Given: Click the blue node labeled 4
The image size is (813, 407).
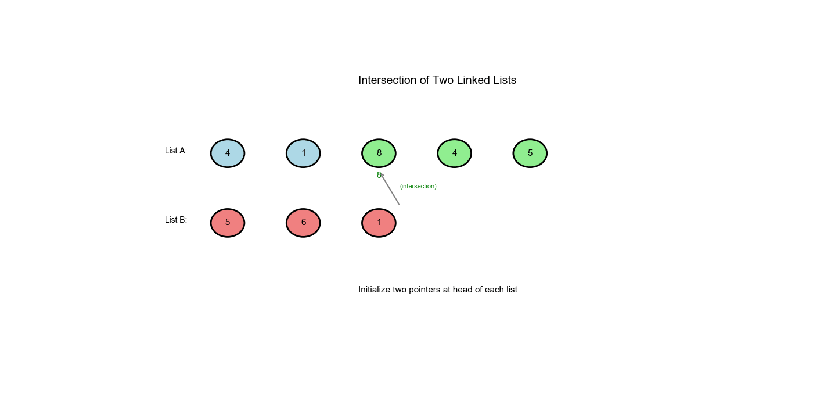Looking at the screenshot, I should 228,153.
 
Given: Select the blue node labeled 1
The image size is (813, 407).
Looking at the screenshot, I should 303,153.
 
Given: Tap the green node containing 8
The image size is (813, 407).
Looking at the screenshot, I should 379,153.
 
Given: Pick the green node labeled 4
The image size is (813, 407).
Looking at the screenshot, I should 454,153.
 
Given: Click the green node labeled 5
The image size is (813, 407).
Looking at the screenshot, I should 530,153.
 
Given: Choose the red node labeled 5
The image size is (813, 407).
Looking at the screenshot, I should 228,223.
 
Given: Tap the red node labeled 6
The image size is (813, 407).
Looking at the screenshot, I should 303,223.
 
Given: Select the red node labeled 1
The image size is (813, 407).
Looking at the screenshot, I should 379,223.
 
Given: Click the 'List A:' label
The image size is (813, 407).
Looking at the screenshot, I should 176,151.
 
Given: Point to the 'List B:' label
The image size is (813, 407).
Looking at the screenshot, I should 176,220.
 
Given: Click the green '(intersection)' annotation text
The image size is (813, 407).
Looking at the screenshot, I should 418,186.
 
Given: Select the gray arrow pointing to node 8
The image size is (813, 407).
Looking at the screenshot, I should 390,188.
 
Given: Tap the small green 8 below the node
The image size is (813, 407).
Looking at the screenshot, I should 379,175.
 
